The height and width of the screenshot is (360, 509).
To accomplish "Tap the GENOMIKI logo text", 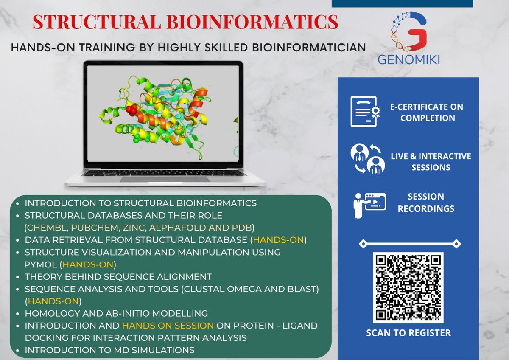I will click(408, 59).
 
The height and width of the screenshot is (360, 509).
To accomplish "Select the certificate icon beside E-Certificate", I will click(364, 112).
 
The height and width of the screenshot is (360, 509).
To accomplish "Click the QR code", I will click(408, 287).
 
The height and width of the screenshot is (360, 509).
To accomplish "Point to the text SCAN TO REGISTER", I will click(408, 333).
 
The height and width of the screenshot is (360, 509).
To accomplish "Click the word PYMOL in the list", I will click(42, 264).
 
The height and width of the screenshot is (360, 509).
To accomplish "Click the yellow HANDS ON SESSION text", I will click(168, 326).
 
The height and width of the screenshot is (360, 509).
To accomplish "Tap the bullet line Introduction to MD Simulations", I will click(109, 350).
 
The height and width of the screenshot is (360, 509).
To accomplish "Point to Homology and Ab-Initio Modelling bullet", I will click(116, 313).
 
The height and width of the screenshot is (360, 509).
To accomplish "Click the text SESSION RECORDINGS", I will click(426, 202).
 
